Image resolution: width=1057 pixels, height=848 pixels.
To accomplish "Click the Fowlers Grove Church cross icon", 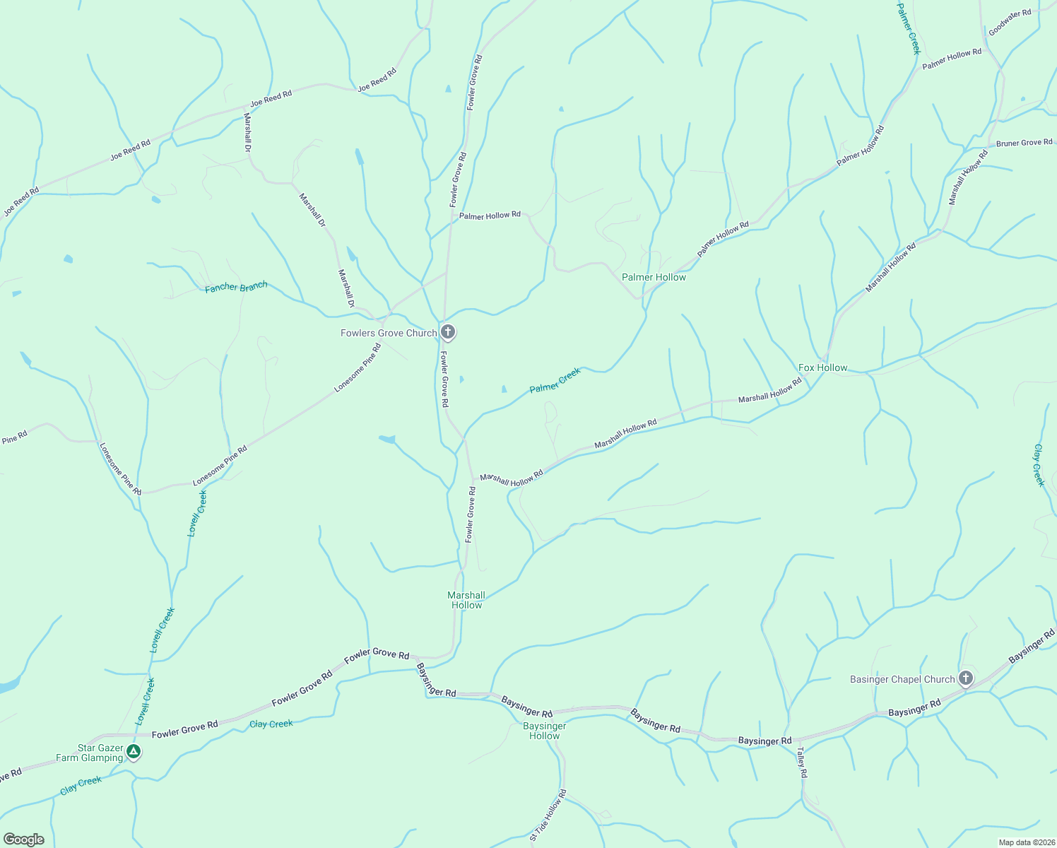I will click(x=447, y=331).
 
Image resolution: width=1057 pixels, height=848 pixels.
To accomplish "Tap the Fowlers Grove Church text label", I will click(x=389, y=333).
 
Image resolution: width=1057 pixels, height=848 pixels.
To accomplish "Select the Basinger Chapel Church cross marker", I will click(x=965, y=678).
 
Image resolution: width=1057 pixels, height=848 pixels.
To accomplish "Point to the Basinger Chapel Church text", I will click(x=902, y=679).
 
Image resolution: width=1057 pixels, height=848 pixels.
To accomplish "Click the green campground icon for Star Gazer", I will click(x=134, y=753).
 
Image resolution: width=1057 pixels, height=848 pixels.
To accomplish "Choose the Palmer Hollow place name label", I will click(x=654, y=277).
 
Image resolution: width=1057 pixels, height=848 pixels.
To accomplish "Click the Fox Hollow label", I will click(x=822, y=367).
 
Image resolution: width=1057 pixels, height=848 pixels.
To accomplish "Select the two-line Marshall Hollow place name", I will click(x=466, y=600).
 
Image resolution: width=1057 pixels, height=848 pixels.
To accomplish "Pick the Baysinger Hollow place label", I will click(x=545, y=731).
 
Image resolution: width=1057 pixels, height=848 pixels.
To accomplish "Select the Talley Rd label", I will click(x=802, y=762).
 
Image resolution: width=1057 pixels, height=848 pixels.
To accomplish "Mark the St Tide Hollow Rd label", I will click(x=548, y=815).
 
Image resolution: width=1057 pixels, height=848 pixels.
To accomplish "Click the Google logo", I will click(x=24, y=839).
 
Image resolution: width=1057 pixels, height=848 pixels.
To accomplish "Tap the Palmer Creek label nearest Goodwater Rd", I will click(x=909, y=28).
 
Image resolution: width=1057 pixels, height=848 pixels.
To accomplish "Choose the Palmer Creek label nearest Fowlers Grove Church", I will click(x=555, y=379).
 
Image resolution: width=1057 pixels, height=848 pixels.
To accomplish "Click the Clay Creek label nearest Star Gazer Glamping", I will click(x=81, y=784).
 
